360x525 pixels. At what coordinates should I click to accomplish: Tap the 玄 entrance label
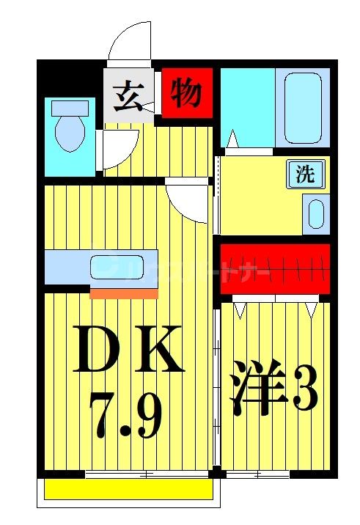click(x=128, y=95)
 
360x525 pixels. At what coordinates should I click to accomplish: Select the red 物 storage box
click(x=186, y=92)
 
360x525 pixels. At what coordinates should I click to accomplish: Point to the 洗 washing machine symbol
click(x=304, y=175)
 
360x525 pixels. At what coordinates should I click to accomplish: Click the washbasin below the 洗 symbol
click(x=316, y=214)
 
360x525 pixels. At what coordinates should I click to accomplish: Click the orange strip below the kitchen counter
click(x=124, y=293)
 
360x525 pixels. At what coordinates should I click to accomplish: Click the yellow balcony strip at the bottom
click(x=128, y=488)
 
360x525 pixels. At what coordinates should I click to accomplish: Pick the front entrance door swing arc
click(x=130, y=40)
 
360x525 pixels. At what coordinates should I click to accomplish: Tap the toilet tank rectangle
click(x=70, y=108)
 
